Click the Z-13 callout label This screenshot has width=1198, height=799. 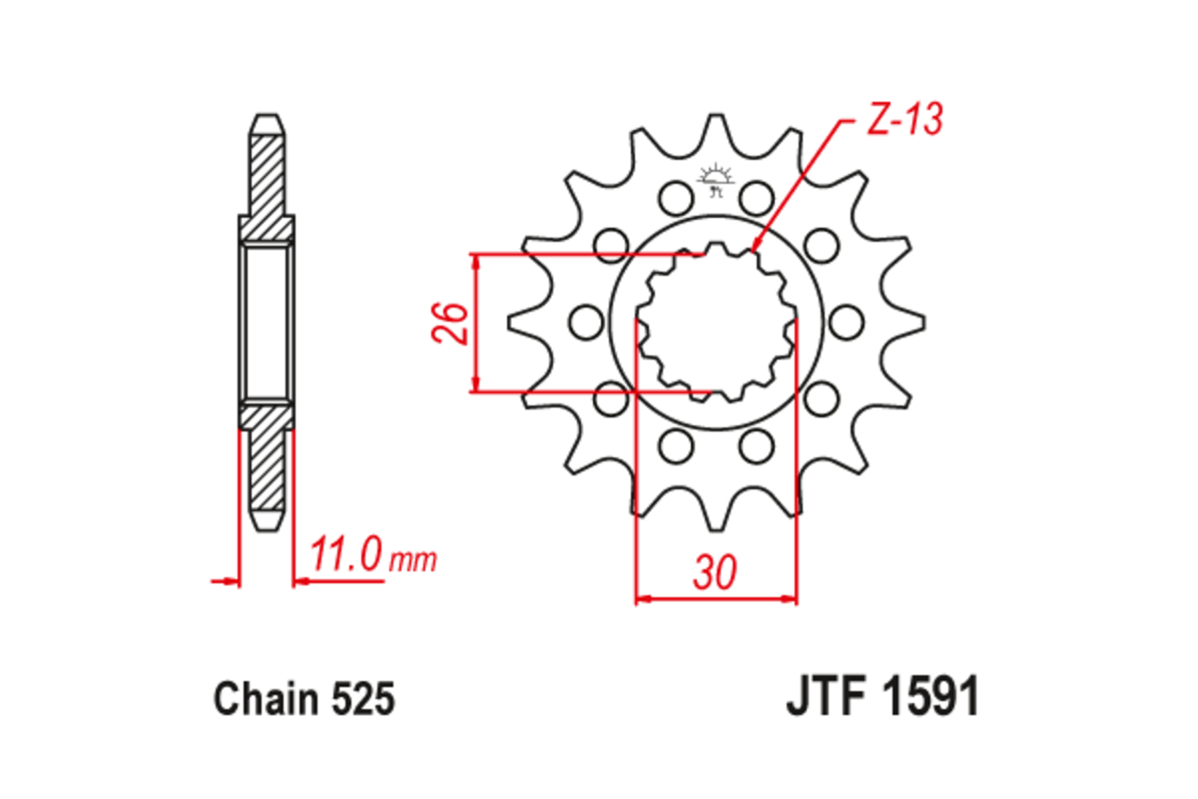click(901, 121)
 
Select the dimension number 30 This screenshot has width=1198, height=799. click(716, 573)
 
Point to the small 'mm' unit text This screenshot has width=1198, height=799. click(412, 560)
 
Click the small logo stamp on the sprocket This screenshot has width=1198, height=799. click(715, 181)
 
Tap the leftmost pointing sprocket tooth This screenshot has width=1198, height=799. click(513, 322)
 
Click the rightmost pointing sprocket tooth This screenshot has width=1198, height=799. click(919, 322)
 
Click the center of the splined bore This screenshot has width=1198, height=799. click(715, 322)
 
